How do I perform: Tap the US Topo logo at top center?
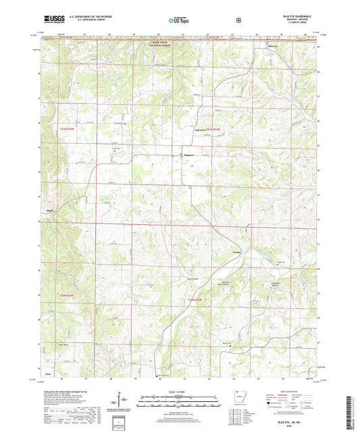(x=180, y=20)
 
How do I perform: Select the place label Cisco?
(x=47, y=372)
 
